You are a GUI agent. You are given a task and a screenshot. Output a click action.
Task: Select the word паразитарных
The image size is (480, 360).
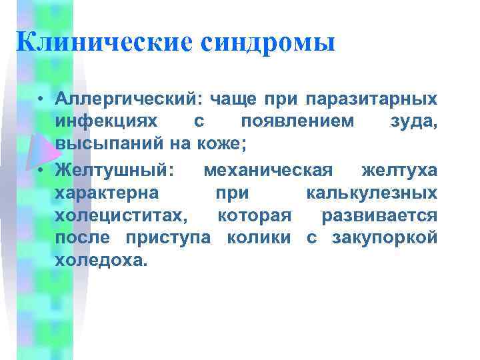click(x=371, y=100)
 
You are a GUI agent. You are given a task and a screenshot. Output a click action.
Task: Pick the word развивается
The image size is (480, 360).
click(x=379, y=216)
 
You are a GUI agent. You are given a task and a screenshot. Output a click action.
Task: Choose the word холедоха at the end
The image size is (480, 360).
click(x=99, y=260)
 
